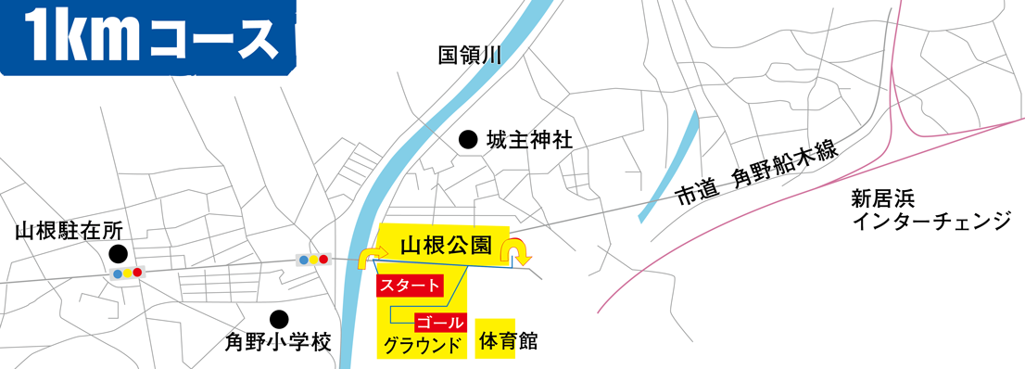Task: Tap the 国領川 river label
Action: pyautogui.click(x=469, y=57)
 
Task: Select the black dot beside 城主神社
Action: pyautogui.click(x=468, y=141)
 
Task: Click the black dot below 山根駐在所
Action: pyautogui.click(x=117, y=253)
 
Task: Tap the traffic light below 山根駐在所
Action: pyautogui.click(x=126, y=274)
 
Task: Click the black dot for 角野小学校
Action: pyautogui.click(x=277, y=318)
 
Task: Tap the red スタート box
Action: pyautogui.click(x=409, y=286)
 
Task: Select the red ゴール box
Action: pyautogui.click(x=439, y=323)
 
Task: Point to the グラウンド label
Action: pyautogui.click(x=423, y=347)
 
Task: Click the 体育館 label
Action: pyautogui.click(x=508, y=341)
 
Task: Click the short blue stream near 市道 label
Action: pyautogui.click(x=667, y=167)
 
